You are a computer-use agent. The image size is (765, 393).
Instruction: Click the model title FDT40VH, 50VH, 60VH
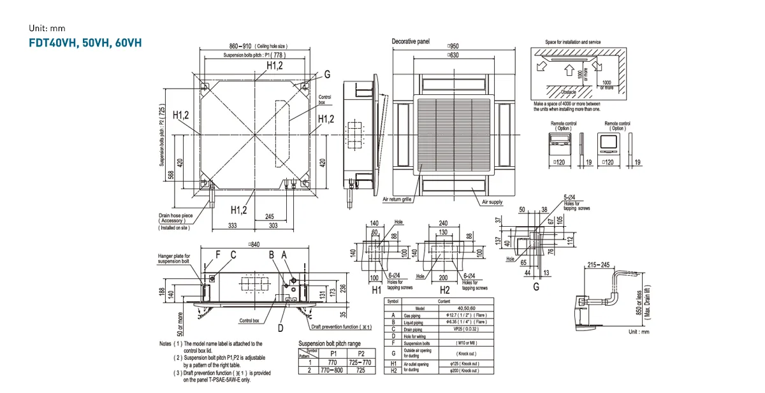pyautogui.click(x=85, y=43)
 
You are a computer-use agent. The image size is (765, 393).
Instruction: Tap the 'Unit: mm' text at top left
pyautogui.click(x=47, y=29)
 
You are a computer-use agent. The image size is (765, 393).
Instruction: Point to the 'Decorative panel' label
pyautogui.click(x=411, y=41)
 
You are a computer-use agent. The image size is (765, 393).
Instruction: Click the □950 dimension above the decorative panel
pyautogui.click(x=453, y=47)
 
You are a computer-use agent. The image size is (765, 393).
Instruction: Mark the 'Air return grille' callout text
pyautogui.click(x=397, y=199)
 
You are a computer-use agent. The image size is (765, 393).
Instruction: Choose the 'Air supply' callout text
pyautogui.click(x=492, y=202)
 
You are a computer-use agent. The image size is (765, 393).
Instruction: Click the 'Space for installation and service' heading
pyautogui.click(x=572, y=42)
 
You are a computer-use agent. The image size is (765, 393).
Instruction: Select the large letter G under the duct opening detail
pyautogui.click(x=535, y=287)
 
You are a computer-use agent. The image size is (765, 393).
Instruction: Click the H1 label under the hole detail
pyautogui.click(x=377, y=290)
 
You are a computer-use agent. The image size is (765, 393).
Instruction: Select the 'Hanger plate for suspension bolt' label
pyautogui.click(x=173, y=259)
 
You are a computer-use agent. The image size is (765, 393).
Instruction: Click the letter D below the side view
pyautogui.click(x=280, y=329)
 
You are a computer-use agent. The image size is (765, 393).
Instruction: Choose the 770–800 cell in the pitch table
pyautogui.click(x=331, y=369)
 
